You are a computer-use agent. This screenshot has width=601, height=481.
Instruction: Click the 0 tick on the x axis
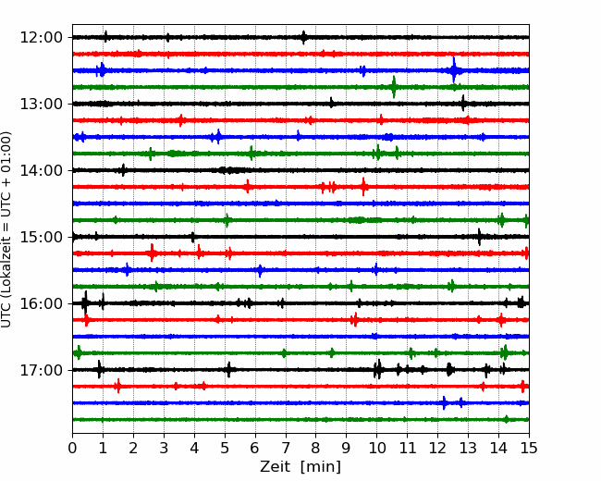pyautogui.click(x=73, y=449)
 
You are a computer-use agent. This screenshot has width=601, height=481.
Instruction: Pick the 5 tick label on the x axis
pyautogui.click(x=225, y=449)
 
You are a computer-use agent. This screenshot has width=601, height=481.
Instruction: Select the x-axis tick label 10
pyautogui.click(x=376, y=449)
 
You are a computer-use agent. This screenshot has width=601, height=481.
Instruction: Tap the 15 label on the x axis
pyautogui.click(x=528, y=449)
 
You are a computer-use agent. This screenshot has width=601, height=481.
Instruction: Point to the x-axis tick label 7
pyautogui.click(x=286, y=449)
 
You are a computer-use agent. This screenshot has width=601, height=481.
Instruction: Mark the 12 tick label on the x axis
pyautogui.click(x=437, y=449)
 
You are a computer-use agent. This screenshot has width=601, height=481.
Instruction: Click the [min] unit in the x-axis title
pyautogui.click(x=322, y=467)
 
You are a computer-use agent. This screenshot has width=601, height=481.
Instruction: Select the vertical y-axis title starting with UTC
pyautogui.click(x=7, y=229)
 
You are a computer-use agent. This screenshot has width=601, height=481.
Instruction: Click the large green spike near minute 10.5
pyautogui.click(x=394, y=87)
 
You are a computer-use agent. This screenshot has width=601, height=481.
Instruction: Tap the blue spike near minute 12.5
pyautogui.click(x=454, y=70)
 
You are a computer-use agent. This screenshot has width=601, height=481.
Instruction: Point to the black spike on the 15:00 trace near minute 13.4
pyautogui.click(x=479, y=237)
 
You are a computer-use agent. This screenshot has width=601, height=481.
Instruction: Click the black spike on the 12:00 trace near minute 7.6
pyautogui.click(x=303, y=37)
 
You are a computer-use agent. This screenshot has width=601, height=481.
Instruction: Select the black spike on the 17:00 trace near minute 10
pyautogui.click(x=378, y=370)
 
